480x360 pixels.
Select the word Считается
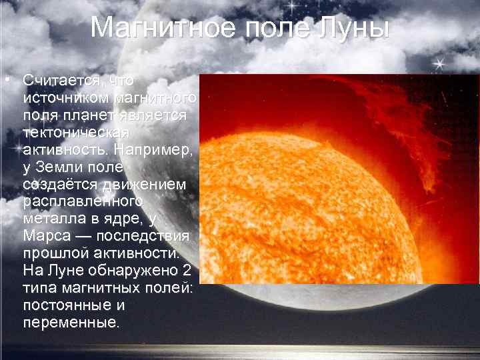(63, 80)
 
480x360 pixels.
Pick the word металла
(51, 219)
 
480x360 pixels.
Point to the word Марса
(44, 237)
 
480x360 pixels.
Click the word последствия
(144, 237)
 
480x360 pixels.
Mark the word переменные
(70, 323)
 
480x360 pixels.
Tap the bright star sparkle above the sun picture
(439, 63)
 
